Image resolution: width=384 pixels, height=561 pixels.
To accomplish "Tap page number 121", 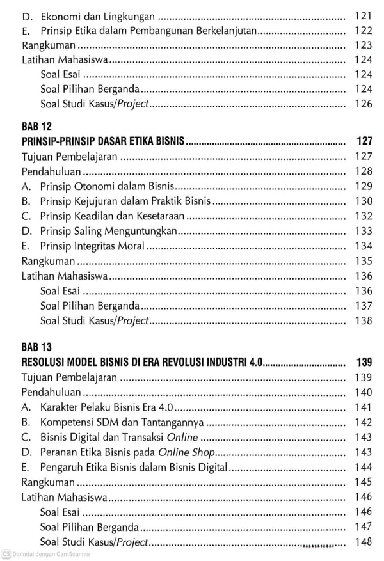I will pos(363,15).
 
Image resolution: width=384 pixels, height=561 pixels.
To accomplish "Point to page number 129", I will pos(363,186).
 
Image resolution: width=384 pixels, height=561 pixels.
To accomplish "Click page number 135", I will pos(363,261).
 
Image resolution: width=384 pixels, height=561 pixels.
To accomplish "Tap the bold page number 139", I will pos(363,361).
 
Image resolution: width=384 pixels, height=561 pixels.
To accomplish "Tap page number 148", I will pos(363,542).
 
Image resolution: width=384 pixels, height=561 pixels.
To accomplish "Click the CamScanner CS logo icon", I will pos(6,554).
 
